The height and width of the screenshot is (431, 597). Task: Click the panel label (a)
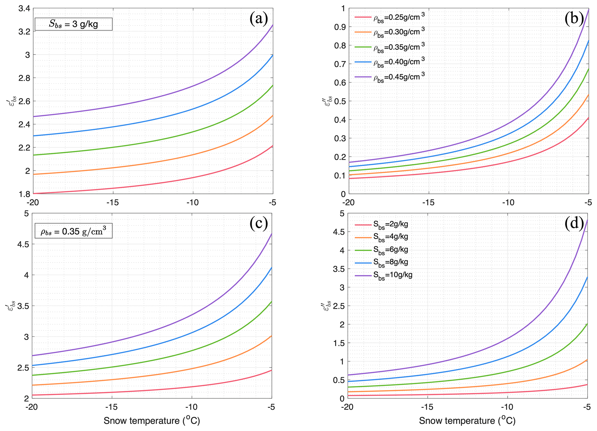259,19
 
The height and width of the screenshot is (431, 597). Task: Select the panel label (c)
259,223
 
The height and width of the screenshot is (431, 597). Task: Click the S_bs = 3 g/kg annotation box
74,24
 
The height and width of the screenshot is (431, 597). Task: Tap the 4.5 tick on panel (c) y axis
24,244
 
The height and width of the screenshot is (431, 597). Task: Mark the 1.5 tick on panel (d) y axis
339,343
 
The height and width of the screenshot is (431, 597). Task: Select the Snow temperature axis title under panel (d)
467,421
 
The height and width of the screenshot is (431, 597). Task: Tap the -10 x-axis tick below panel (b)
508,203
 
